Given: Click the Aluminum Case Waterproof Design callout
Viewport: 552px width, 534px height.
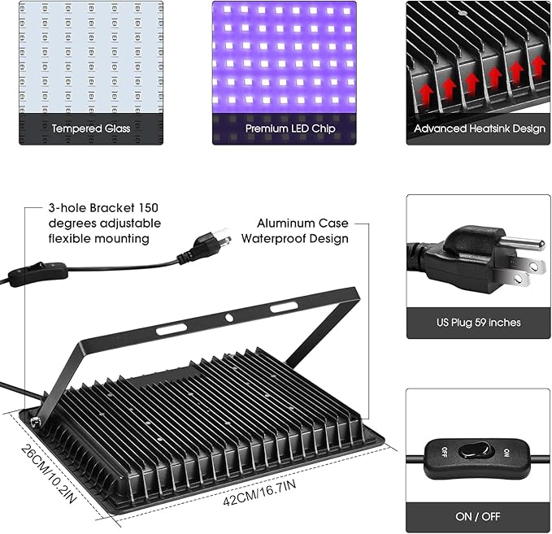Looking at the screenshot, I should [302, 231].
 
